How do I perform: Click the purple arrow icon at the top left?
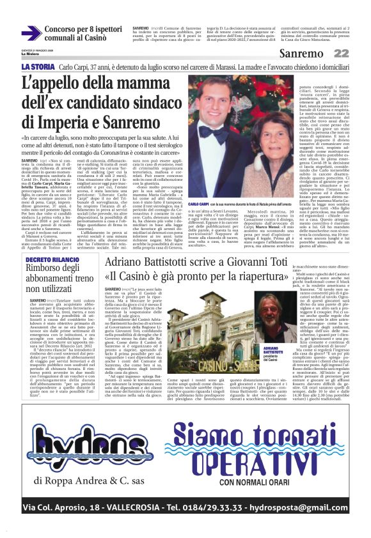tap(31, 33)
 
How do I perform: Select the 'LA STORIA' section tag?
tap(38, 66)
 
